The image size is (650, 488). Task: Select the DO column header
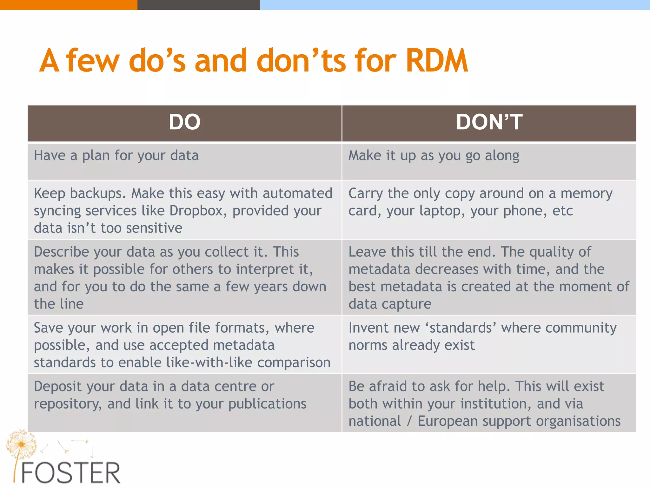(184, 122)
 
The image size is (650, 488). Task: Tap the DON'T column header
(489, 122)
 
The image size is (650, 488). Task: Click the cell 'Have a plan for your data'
(116, 156)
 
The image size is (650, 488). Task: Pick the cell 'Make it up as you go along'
(434, 156)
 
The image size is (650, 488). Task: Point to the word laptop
(442, 211)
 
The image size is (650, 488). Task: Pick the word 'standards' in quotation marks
(461, 328)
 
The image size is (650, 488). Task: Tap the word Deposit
(58, 387)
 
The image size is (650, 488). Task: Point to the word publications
(267, 404)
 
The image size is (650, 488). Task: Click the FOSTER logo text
(70, 473)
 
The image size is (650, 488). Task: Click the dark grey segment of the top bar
(198, 5)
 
